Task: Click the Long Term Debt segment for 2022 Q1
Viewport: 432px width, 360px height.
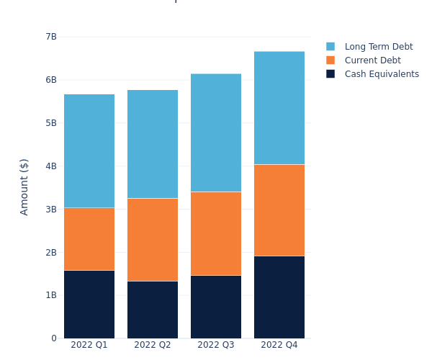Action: tap(89, 151)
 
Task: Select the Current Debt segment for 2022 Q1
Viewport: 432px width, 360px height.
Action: tap(89, 239)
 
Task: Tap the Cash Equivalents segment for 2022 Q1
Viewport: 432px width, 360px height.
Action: tap(89, 304)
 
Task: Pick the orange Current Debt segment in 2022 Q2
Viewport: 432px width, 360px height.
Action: tap(153, 240)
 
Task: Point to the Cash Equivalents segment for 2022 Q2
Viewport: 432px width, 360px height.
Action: tap(153, 310)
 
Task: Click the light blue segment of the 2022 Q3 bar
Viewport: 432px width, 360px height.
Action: tap(216, 132)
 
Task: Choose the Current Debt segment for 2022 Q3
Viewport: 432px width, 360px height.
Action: tap(216, 233)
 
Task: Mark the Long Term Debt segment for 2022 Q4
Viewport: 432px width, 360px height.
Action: tap(279, 108)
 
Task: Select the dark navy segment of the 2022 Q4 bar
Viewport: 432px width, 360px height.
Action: tap(279, 297)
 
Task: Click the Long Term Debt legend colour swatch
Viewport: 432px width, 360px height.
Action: tap(330, 47)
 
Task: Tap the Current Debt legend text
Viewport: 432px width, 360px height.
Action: tap(372, 60)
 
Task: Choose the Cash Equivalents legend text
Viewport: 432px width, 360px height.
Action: tap(382, 74)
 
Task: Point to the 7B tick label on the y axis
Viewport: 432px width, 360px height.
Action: tap(50, 37)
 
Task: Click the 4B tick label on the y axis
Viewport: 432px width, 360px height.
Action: tap(50, 166)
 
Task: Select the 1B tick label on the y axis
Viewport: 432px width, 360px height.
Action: tap(50, 295)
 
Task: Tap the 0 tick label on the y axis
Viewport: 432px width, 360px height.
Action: tap(54, 338)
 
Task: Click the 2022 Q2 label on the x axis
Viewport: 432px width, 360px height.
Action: tap(153, 346)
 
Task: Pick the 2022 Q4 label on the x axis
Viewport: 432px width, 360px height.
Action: tap(279, 346)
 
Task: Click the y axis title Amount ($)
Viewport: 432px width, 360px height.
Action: tap(24, 186)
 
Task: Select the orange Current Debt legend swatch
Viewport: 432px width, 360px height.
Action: tap(330, 60)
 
